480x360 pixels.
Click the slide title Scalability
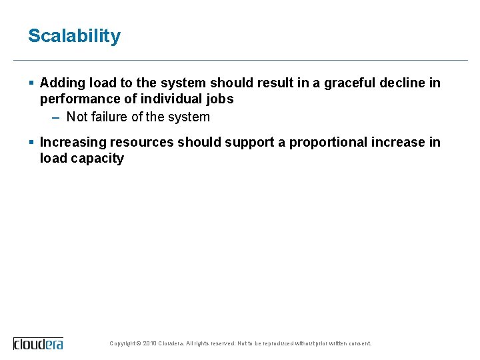74,36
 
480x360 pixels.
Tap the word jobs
220,99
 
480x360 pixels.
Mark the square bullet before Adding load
31,83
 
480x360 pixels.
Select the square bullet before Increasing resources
31,142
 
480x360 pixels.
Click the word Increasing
73,142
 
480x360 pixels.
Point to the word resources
142,142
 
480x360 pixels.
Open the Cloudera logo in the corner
38,343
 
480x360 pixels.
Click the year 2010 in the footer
149,344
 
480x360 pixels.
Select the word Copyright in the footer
123,344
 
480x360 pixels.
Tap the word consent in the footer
359,344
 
